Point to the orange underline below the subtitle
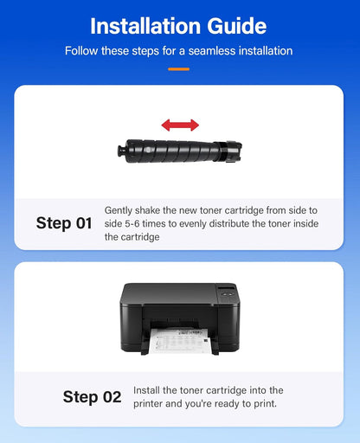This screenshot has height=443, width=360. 178,67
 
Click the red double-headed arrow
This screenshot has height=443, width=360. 179,125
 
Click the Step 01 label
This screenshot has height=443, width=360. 64,223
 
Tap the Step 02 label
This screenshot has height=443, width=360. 92,397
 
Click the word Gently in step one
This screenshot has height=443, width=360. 119,210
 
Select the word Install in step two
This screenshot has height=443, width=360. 146,391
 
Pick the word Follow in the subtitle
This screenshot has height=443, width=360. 83,51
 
